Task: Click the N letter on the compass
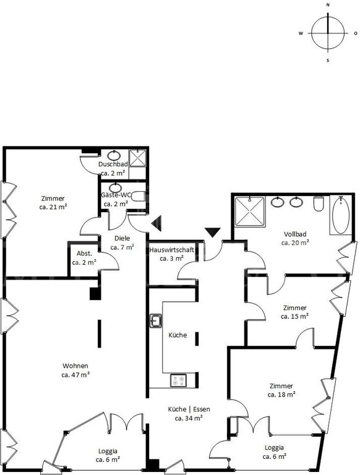pyautogui.click(x=328, y=5)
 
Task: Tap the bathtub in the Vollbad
pyautogui.click(x=341, y=215)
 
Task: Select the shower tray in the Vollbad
pyautogui.click(x=250, y=212)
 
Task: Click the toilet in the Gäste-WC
pyautogui.click(x=139, y=196)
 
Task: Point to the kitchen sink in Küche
pyautogui.click(x=156, y=321)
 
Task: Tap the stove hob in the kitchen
pyautogui.click(x=178, y=380)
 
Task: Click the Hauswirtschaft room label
pyautogui.click(x=171, y=250)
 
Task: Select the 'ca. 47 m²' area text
pyautogui.click(x=75, y=375)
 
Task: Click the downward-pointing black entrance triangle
pyautogui.click(x=213, y=233)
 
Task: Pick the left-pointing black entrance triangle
pyautogui.click(x=156, y=223)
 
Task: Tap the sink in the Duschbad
pyautogui.click(x=114, y=155)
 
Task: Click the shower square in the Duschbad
pyautogui.click(x=137, y=158)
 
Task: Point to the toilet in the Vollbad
pyautogui.click(x=319, y=203)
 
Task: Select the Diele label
pyautogui.click(x=122, y=238)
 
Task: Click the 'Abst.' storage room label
pyautogui.click(x=84, y=253)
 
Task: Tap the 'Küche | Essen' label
pyautogui.click(x=189, y=409)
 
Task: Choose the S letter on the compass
pyautogui.click(x=328, y=61)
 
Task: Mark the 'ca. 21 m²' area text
pyautogui.click(x=53, y=207)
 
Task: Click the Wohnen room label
pyautogui.click(x=75, y=366)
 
